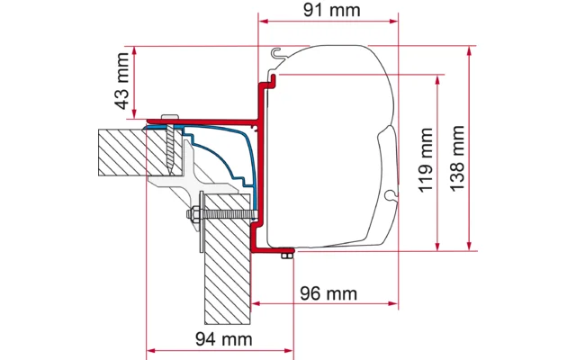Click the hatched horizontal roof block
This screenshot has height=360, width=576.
[x=121, y=149]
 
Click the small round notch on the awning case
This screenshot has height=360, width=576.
[x=388, y=194]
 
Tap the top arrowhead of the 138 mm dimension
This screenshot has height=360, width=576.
[x=470, y=50]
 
